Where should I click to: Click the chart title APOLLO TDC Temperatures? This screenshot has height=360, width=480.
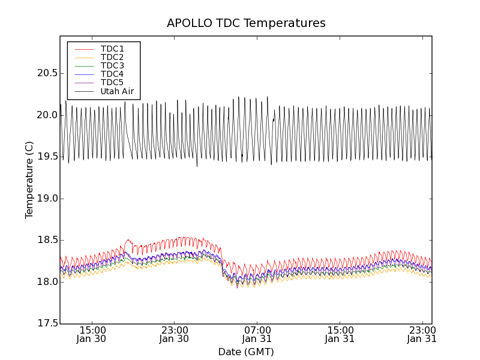[246, 23]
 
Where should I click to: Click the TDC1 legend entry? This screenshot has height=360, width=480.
[112, 49]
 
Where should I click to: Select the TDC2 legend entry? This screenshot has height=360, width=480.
[112, 57]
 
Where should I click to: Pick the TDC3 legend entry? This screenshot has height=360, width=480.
[112, 65]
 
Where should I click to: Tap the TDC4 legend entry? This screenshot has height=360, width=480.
[112, 74]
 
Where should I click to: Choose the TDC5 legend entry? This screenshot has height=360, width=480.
[112, 82]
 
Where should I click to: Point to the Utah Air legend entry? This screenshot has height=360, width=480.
[117, 91]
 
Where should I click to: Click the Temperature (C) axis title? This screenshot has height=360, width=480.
[29, 180]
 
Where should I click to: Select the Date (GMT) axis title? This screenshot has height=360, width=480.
[246, 352]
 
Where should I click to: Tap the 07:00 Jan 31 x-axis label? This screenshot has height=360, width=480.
[257, 334]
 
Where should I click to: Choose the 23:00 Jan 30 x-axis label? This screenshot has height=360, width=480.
[175, 334]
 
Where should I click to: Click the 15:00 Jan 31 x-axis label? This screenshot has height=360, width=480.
[340, 334]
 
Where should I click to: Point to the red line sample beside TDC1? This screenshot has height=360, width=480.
[84, 49]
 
